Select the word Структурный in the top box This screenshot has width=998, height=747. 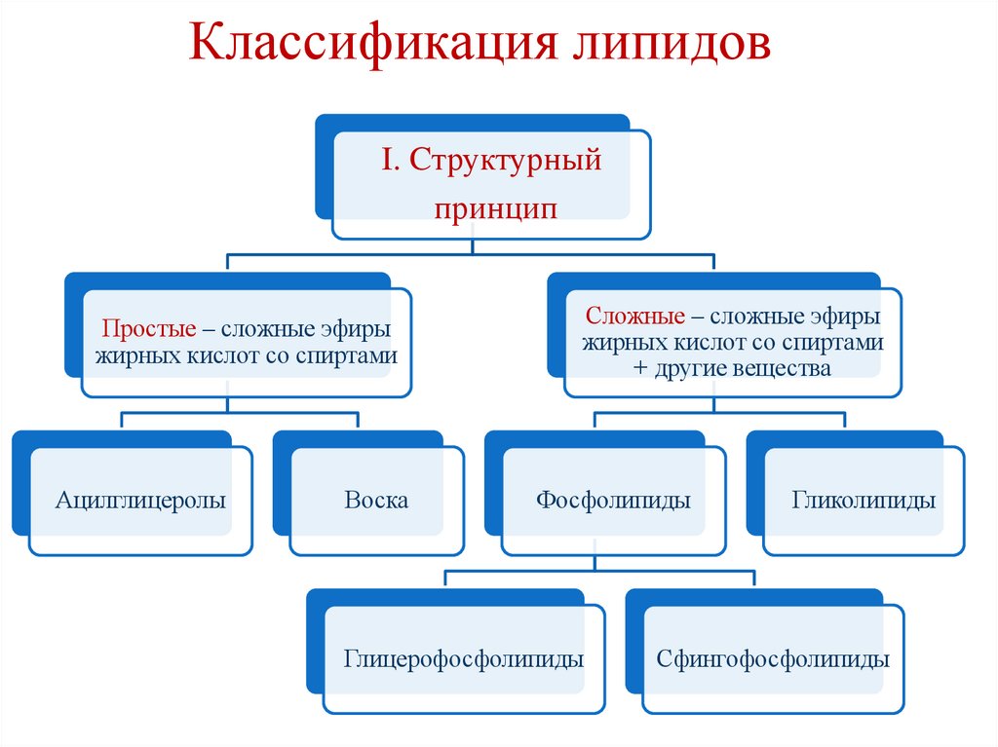pyautogui.click(x=505, y=160)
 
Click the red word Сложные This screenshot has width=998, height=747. pyautogui.click(x=632, y=317)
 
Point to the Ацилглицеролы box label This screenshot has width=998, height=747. pyautogui.click(x=140, y=501)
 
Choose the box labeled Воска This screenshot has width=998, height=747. pyautogui.click(x=376, y=501)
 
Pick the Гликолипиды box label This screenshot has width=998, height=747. pyautogui.click(x=864, y=501)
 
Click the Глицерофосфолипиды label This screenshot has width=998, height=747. pyautogui.click(x=463, y=658)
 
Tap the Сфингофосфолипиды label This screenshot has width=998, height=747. pyautogui.click(x=773, y=658)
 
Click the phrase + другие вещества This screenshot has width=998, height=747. pyautogui.click(x=732, y=369)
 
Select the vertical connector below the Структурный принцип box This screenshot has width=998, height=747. pyautogui.click(x=472, y=246)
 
